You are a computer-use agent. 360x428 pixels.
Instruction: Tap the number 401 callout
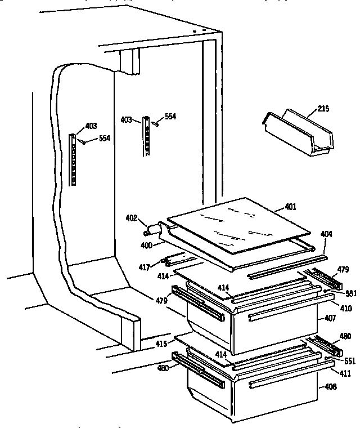[290, 207]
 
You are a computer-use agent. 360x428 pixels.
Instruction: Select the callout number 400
[146, 246]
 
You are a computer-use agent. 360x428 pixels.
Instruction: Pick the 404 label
[327, 233]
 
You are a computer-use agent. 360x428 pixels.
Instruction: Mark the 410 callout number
[346, 308]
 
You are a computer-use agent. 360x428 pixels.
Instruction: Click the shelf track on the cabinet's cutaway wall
[73, 160]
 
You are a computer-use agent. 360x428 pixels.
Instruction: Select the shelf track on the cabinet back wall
[147, 137]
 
